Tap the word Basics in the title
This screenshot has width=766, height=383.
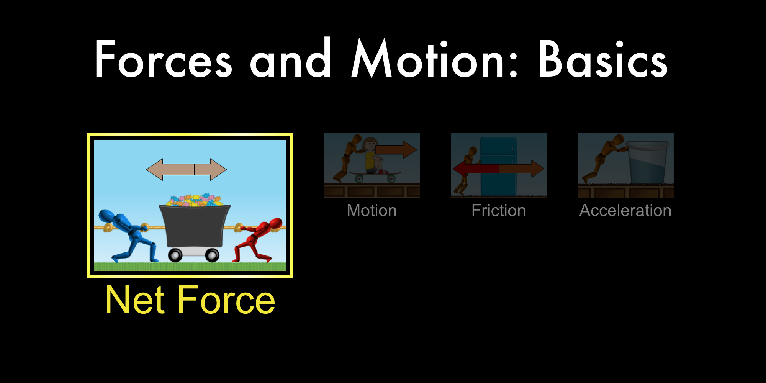click(x=604, y=59)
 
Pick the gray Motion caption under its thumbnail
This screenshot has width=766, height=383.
click(x=372, y=210)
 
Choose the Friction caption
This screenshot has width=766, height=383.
click(x=499, y=210)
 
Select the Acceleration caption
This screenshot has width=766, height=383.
click(x=625, y=210)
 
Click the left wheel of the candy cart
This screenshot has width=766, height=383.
click(x=175, y=255)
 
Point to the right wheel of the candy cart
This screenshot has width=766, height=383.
click(x=212, y=255)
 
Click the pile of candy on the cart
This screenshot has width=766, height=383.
click(x=195, y=200)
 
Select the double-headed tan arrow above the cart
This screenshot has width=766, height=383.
click(x=187, y=169)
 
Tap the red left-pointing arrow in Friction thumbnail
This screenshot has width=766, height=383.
click(x=476, y=169)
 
